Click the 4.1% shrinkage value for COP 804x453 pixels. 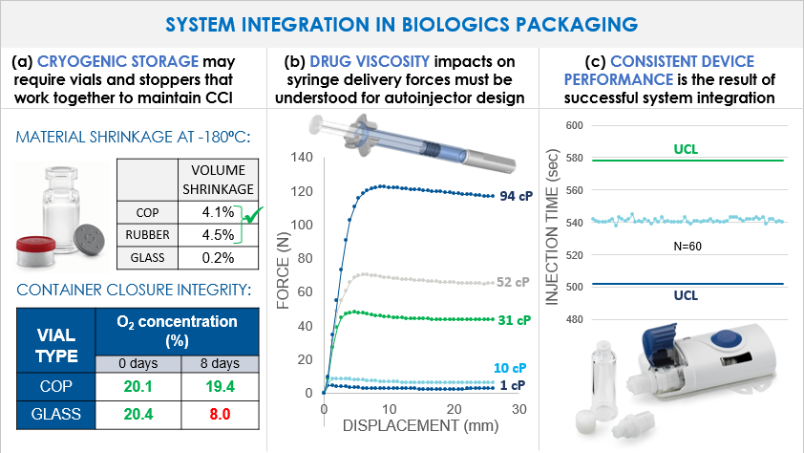[221, 211]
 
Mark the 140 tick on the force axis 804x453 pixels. [304, 157]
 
